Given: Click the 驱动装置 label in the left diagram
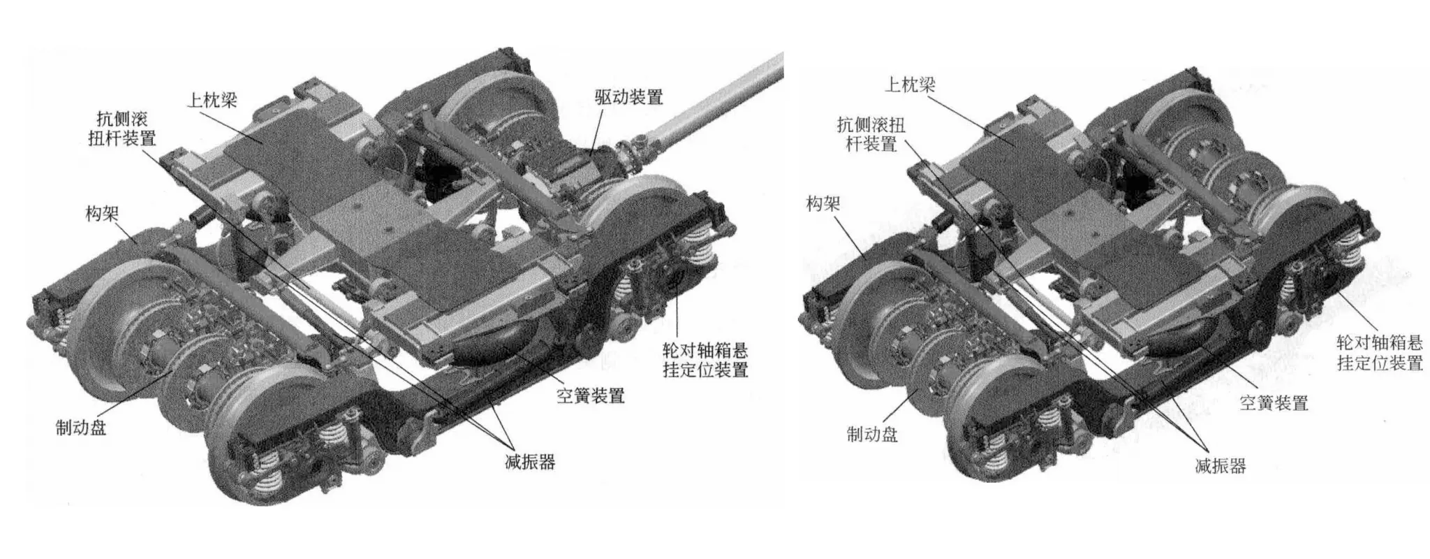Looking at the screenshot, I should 628,97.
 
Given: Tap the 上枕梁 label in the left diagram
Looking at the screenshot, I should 212,101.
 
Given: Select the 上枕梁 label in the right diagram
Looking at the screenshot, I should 910,85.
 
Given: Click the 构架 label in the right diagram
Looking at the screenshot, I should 823,204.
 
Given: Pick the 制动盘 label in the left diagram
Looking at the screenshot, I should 81,427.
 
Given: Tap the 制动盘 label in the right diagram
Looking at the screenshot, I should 872,435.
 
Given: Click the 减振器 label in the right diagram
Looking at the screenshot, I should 1221,465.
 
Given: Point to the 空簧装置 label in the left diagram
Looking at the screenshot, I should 590,396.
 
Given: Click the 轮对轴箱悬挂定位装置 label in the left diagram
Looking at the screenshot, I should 705,359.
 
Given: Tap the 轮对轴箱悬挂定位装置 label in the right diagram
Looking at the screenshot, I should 1380,352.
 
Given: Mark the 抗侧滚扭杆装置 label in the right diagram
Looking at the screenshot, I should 871,134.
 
